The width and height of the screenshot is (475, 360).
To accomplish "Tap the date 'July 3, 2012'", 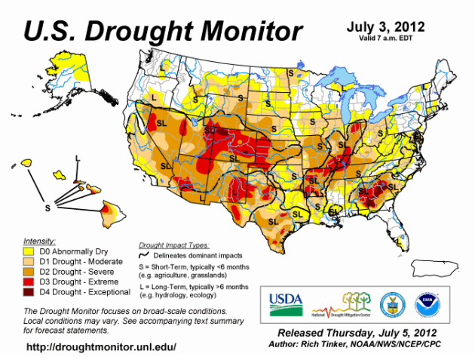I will coord(385,27).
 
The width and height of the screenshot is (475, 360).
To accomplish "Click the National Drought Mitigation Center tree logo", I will coord(348,304).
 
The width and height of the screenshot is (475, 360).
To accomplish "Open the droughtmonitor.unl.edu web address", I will coord(101,347).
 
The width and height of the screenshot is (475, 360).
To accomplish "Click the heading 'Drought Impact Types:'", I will coord(174,245).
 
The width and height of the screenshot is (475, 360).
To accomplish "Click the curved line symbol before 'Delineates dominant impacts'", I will coord(146,256).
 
